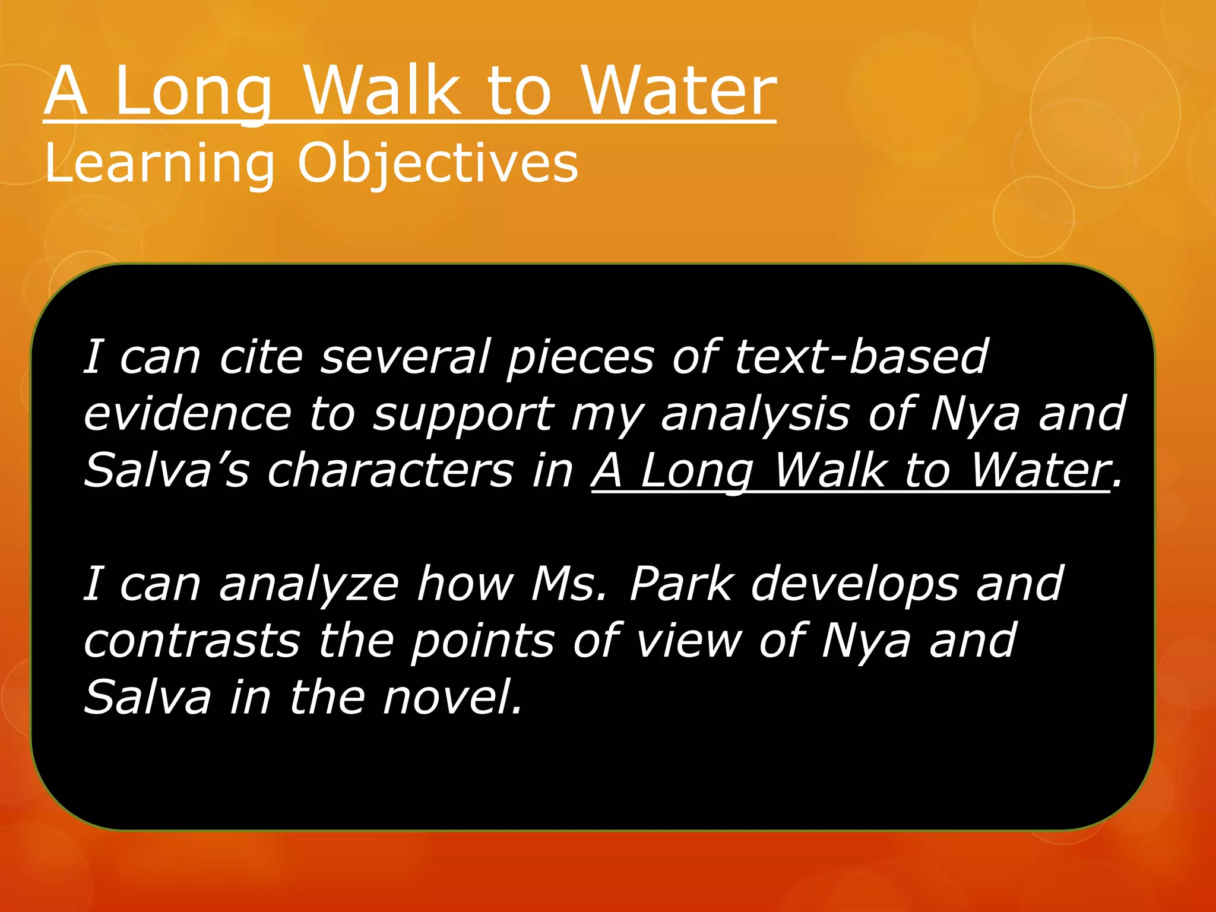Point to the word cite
point(261,357)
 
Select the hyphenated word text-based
point(861,357)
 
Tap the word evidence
point(188,414)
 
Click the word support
point(463,414)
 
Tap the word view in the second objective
point(689,641)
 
